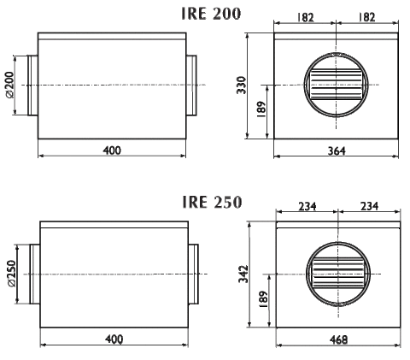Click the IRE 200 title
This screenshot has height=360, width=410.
coord(211,14)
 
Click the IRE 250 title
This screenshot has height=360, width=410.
coord(212,202)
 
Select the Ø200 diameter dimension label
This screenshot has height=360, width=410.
coord(9,85)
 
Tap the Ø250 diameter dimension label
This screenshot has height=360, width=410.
coord(11,274)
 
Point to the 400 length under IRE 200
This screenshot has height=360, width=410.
coord(112,150)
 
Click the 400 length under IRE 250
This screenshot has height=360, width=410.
coord(114,339)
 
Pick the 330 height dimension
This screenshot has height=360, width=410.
coord(241,85)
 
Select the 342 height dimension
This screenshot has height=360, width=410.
coord(243,274)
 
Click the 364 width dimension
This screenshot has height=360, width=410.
coord(337,150)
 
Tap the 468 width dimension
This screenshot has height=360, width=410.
coord(338,339)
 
